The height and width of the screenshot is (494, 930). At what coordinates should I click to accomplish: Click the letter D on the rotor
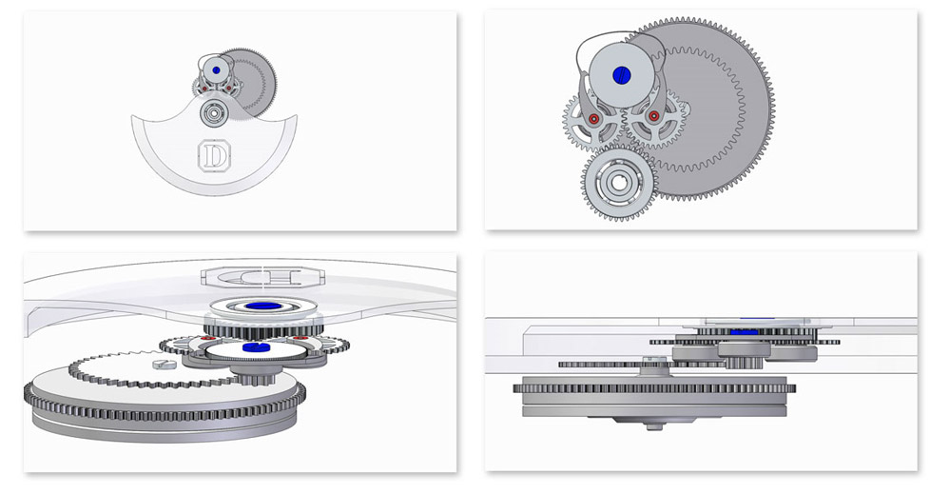pos(214,156)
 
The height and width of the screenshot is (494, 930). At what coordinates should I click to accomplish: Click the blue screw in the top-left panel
pos(216,70)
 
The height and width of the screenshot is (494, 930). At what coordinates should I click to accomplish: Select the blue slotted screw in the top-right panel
pos(622,75)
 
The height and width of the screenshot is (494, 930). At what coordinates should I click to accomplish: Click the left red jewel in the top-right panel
pos(592,119)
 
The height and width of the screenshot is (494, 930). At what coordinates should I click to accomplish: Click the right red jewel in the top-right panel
pos(653,116)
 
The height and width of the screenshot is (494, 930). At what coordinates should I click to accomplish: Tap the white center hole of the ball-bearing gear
pos(619,183)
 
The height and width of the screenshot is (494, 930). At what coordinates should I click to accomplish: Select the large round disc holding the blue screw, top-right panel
pos(622,75)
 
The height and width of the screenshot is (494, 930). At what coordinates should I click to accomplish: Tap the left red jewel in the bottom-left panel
pos(206,338)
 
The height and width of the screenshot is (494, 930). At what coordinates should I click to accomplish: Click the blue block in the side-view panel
pos(744,332)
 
